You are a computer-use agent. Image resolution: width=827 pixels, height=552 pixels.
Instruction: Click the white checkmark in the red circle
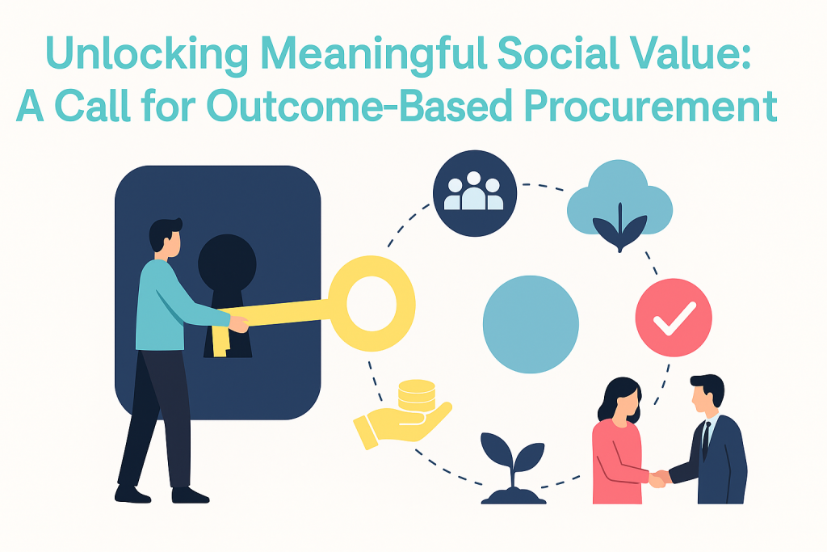pos(674,318)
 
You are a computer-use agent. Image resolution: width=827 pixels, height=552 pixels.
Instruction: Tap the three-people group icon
pos(474,192)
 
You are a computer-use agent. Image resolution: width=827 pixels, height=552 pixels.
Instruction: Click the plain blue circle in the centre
pos(531,324)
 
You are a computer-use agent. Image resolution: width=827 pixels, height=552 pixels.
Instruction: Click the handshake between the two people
pos(659,478)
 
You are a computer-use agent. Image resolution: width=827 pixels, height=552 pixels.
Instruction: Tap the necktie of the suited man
pos(706,439)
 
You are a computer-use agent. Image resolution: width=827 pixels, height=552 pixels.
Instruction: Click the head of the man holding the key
pos(166,238)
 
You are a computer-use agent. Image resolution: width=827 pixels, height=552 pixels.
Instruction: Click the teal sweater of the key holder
pos(169,306)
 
